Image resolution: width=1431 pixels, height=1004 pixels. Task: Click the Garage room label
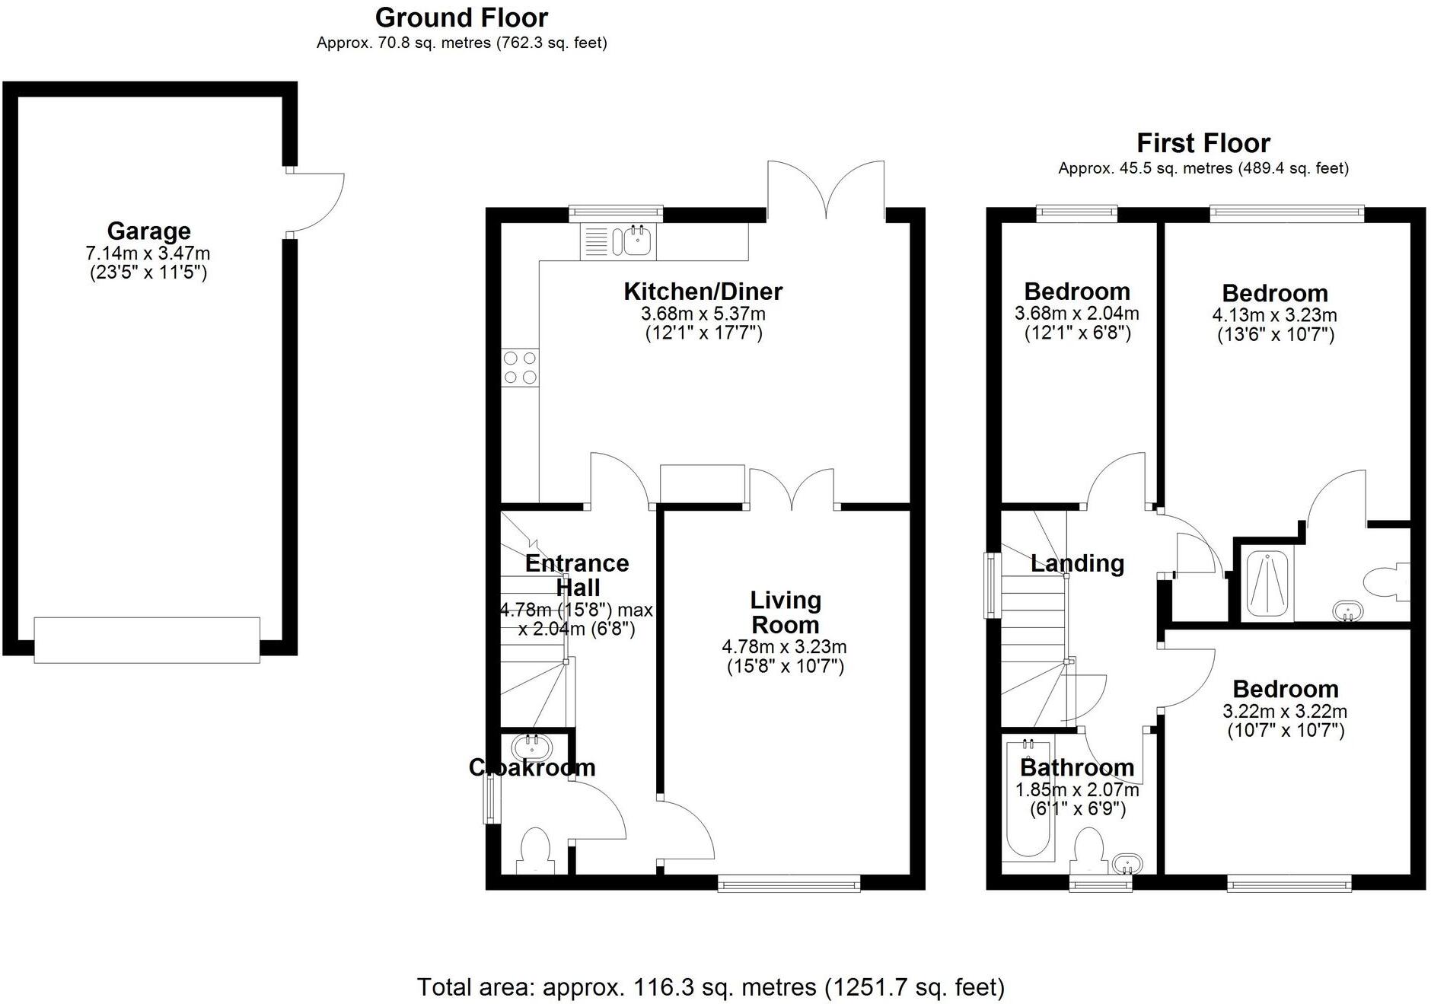click(148, 231)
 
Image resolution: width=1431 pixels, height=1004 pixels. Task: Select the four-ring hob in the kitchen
click(521, 368)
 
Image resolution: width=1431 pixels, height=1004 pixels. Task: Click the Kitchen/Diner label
click(703, 292)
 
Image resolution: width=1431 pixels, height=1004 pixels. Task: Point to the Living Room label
click(786, 612)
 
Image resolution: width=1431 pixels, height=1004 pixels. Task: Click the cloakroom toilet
click(536, 851)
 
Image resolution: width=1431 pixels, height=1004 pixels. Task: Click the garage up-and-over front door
click(147, 639)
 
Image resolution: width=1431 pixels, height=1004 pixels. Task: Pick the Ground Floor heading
click(461, 18)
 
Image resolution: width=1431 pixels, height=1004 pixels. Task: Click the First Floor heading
click(1203, 143)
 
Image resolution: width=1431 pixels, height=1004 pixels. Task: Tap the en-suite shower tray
click(1267, 585)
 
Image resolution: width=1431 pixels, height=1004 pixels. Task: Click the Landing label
click(1077, 563)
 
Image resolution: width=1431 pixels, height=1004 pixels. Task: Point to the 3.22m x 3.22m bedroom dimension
click(1285, 712)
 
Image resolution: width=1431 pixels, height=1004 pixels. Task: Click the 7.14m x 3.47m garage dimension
click(148, 253)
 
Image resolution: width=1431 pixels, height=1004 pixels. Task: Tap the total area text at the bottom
click(711, 987)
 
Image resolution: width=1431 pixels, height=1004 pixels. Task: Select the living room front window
click(789, 883)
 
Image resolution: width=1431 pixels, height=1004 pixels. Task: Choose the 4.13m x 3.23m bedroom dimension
click(1274, 315)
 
